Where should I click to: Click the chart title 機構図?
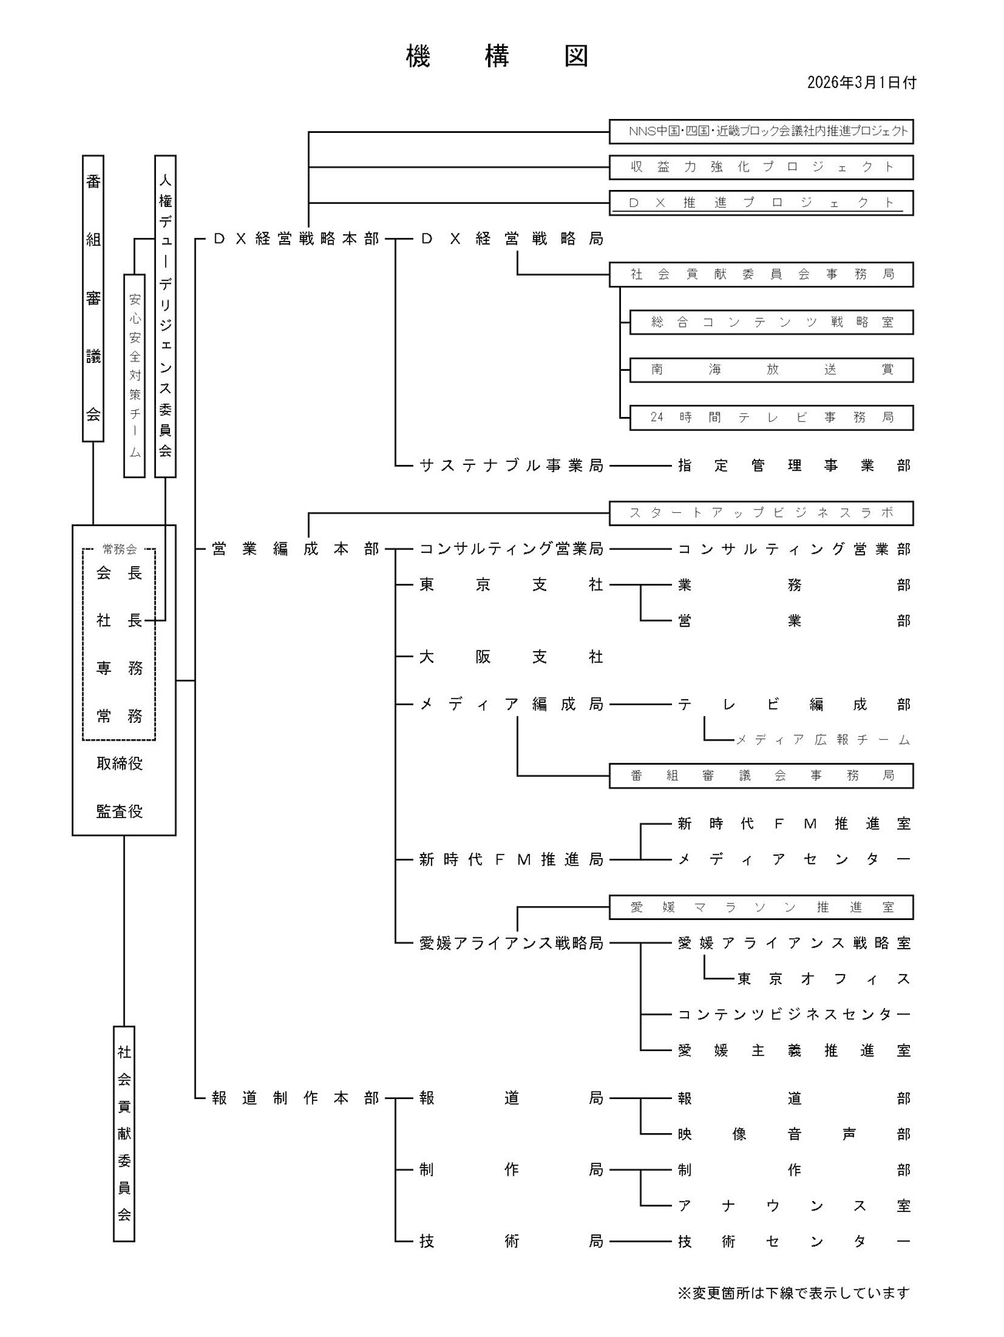coord(497,56)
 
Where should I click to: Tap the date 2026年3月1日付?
coord(861,83)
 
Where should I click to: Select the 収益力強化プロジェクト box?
coord(761,167)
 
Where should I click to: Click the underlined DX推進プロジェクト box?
coord(761,203)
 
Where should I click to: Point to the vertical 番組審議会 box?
coord(93,298)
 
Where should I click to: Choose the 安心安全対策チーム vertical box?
coord(134,375)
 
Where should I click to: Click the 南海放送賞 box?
coord(771,370)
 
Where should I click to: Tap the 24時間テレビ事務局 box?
coord(771,418)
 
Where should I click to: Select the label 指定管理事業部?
coord(794,466)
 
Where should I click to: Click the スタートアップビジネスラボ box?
coord(761,513)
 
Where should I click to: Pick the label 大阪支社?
coord(510,657)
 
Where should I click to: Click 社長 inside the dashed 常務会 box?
coord(119,621)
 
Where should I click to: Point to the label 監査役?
coord(120,811)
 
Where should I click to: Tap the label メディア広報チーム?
coord(823,740)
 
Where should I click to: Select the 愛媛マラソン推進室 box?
coord(761,908)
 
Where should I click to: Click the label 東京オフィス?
coord(823,979)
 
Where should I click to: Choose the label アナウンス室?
coord(794,1206)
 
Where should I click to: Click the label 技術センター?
coord(794,1242)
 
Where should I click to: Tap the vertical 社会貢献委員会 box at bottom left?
coord(124,1133)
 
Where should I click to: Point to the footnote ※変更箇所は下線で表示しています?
coord(793,1293)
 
